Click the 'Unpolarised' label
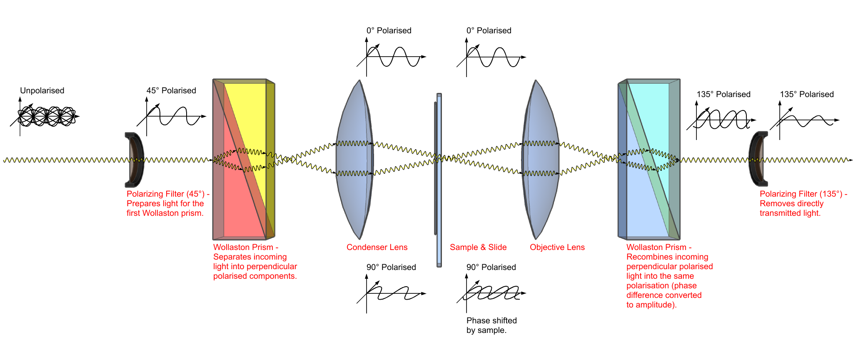(x=42, y=90)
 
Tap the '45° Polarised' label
(x=171, y=90)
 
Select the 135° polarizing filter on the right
(x=758, y=159)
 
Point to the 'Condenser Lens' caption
(x=377, y=247)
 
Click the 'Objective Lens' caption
(x=557, y=247)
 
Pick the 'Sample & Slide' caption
(x=478, y=247)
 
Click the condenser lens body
(x=354, y=160)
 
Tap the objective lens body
(x=540, y=160)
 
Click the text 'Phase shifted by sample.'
(x=491, y=325)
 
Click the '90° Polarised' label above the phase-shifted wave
(x=491, y=267)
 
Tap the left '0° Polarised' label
(x=389, y=30)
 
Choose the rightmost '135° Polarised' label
(x=807, y=94)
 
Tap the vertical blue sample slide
(x=439, y=180)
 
